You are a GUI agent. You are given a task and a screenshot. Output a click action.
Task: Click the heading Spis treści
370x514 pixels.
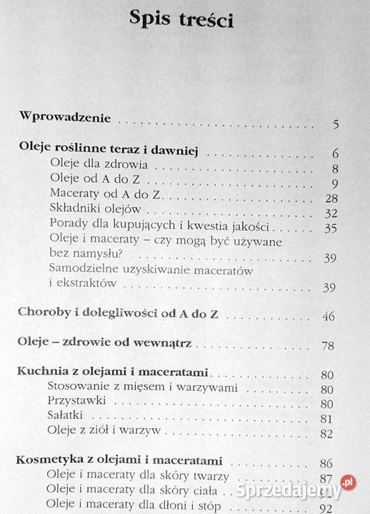point(182,19)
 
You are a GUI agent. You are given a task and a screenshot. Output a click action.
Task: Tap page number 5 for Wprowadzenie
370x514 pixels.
point(335,127)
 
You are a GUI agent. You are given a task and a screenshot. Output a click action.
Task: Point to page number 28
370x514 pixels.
point(330,198)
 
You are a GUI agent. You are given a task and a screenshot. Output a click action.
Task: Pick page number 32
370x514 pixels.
point(330,214)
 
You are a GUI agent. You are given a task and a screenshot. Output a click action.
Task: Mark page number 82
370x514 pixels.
point(328,434)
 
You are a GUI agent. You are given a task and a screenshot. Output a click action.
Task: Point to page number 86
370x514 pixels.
point(328,464)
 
